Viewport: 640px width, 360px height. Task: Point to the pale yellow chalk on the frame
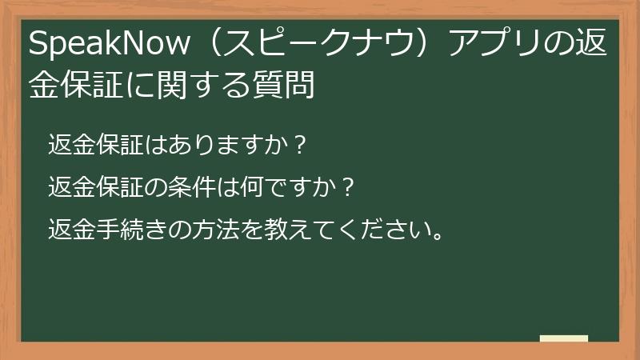coord(564,338)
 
